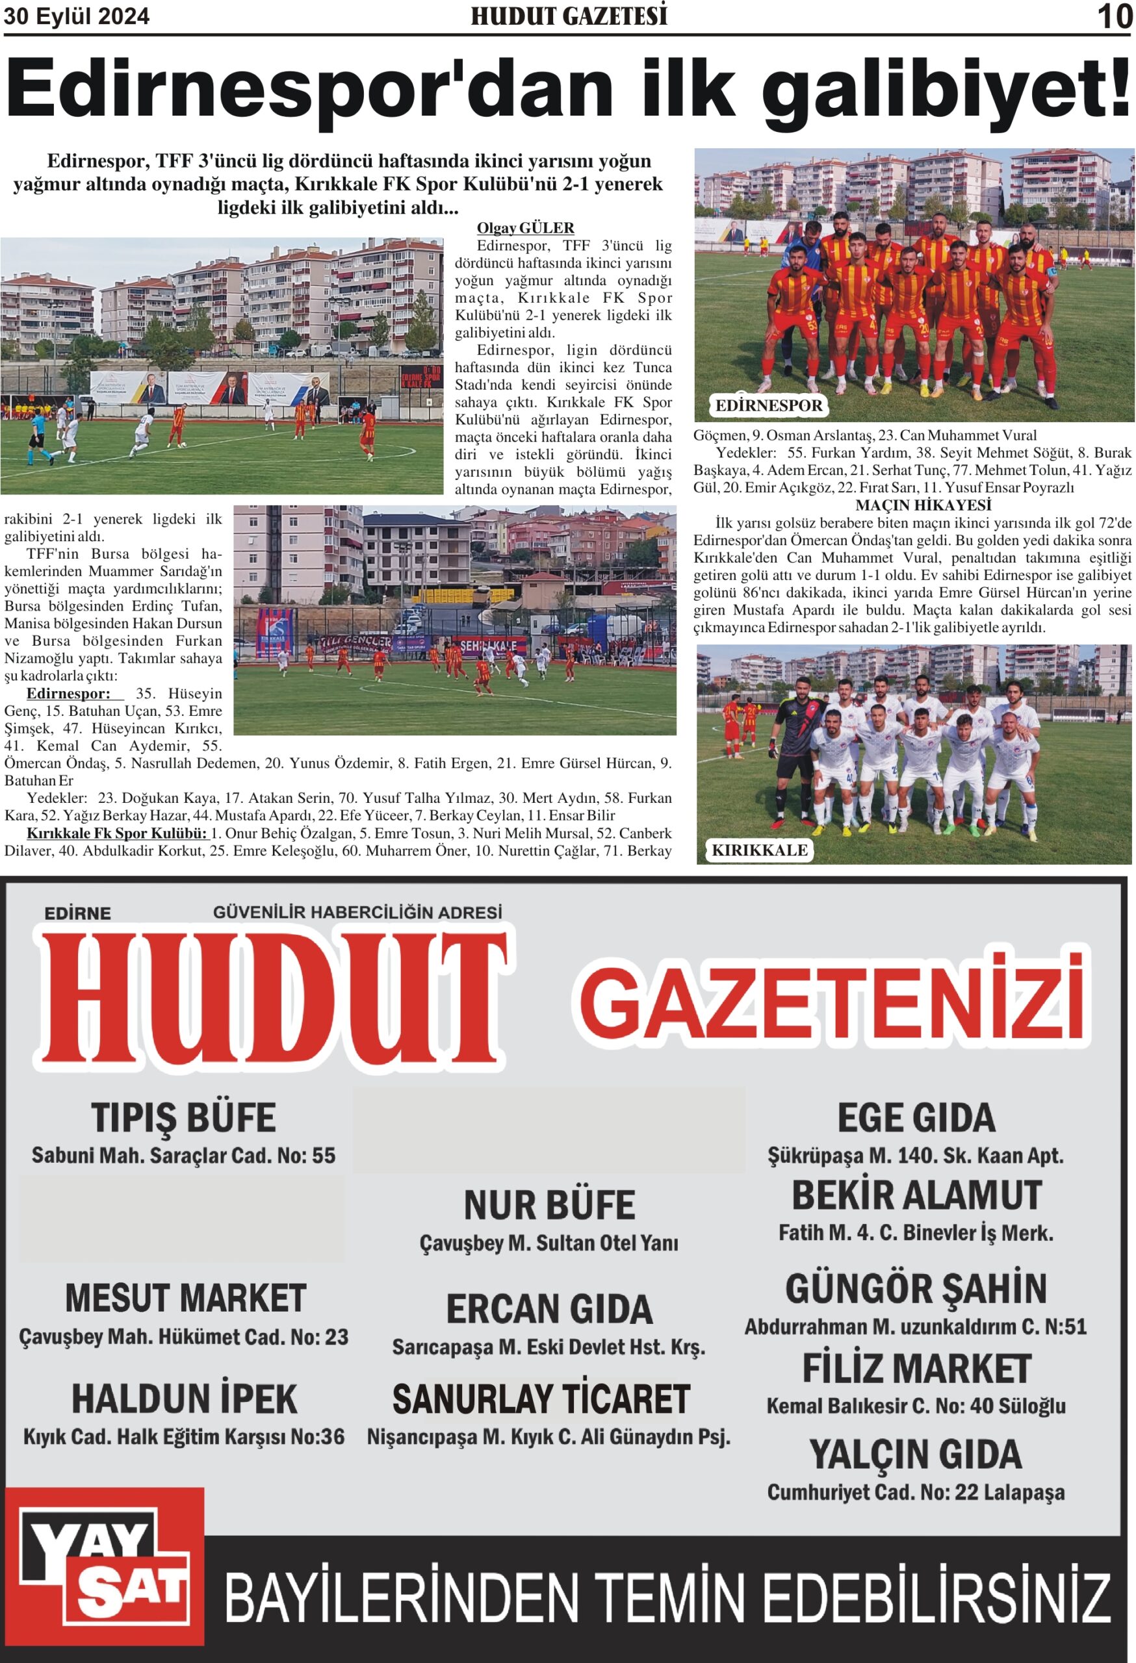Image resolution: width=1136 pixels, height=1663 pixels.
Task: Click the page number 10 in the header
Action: pos(1115,16)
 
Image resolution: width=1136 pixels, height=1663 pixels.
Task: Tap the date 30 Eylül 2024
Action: pos(77,16)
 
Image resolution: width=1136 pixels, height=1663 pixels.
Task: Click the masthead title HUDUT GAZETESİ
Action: pos(569,16)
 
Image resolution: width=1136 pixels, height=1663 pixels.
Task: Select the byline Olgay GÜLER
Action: pos(525,228)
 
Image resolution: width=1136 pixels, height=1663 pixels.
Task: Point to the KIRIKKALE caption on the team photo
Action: pos(759,850)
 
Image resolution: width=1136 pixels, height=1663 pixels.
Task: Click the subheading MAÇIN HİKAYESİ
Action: pos(912,505)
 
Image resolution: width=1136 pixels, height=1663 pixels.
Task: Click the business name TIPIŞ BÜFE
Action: pos(183,1117)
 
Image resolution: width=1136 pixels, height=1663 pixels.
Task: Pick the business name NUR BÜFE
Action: pos(549,1205)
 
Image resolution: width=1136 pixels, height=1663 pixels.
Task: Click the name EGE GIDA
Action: pos(916,1118)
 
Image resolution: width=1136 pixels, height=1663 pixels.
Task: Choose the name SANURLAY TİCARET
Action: pos(541,1400)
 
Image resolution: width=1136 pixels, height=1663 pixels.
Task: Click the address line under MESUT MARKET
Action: pos(183,1337)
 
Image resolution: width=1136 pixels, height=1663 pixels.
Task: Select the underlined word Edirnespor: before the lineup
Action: pos(69,693)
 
